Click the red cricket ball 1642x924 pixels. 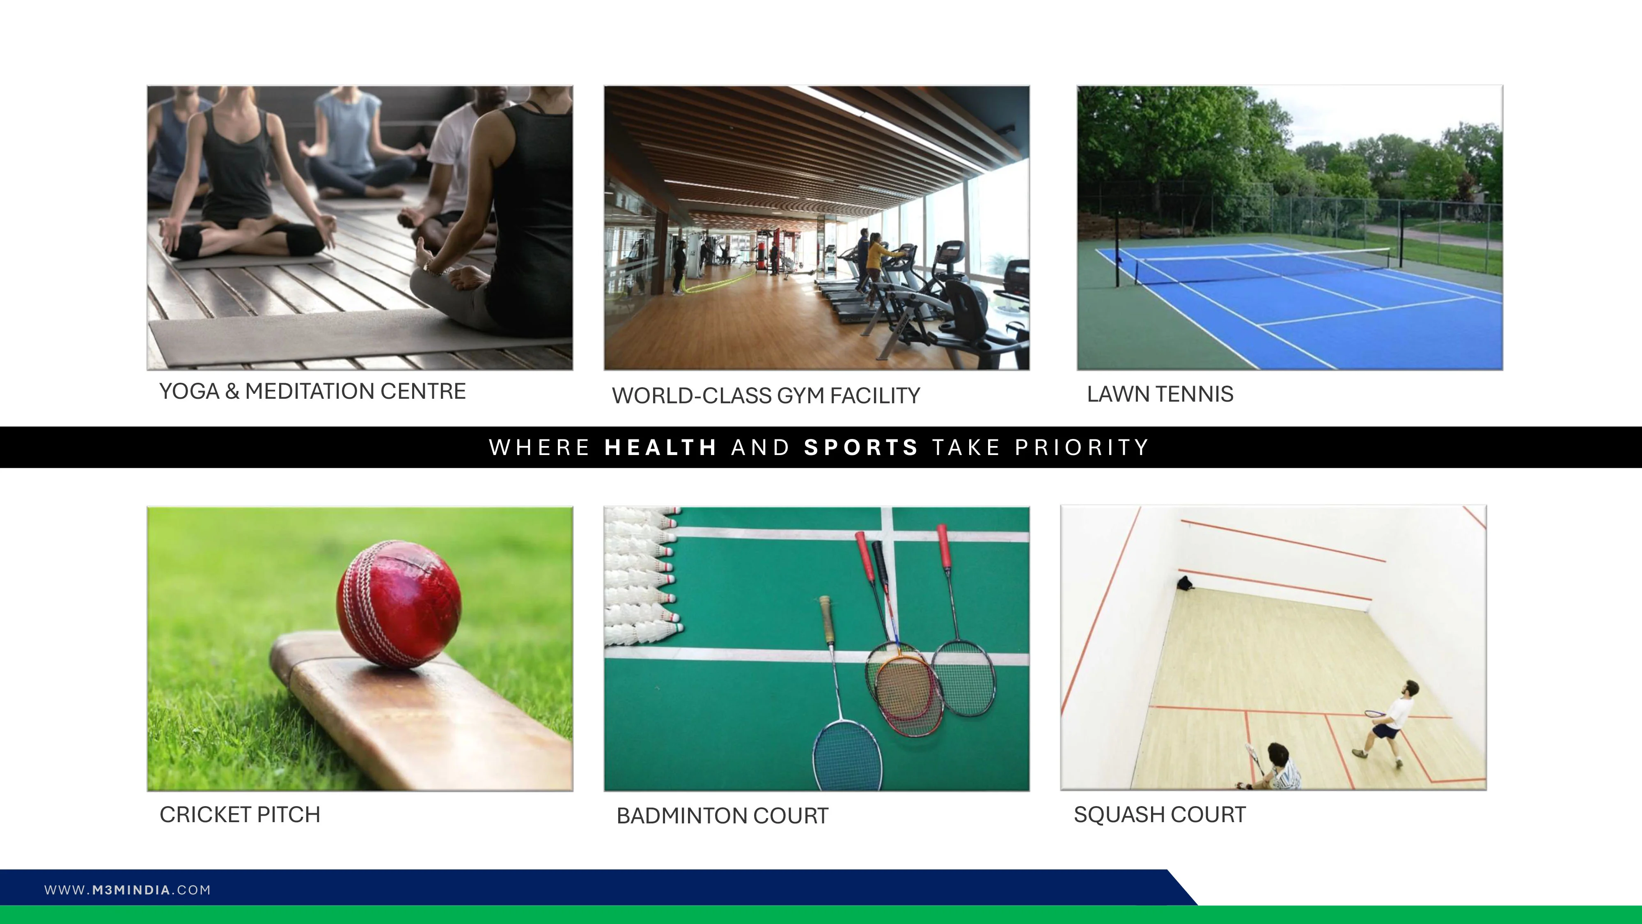(398, 604)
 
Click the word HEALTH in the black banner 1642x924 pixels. (661, 448)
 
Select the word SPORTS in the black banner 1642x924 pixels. (860, 448)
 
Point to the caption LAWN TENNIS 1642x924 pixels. (1160, 394)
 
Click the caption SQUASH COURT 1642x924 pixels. (1160, 814)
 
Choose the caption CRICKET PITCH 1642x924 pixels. (240, 814)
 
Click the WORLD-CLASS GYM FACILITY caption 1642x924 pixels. (766, 395)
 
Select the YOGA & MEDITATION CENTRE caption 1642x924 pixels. (312, 391)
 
